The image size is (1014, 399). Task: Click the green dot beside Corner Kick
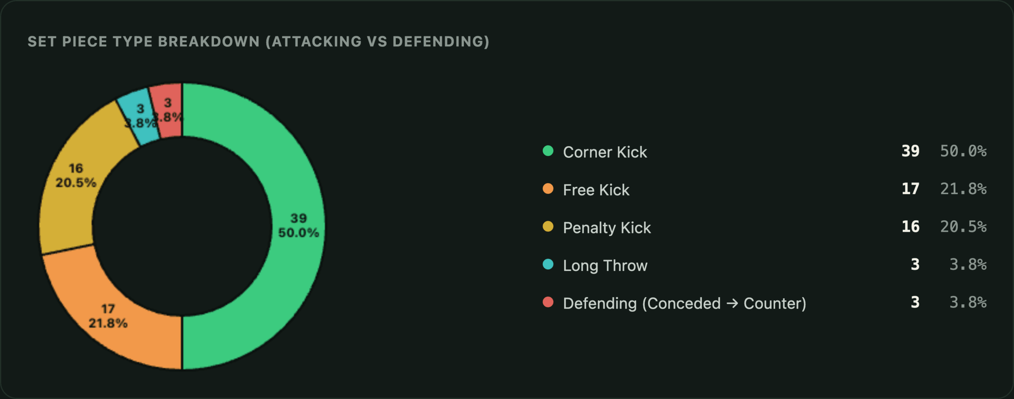(x=548, y=151)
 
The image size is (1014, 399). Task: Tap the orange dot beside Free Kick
(x=548, y=189)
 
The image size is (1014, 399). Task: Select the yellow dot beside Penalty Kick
(x=548, y=226)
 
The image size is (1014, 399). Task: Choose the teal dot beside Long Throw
(x=548, y=264)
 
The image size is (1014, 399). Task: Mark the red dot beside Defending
(x=548, y=302)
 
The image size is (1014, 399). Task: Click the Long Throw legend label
(x=605, y=265)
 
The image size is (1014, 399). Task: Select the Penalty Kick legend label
(x=607, y=228)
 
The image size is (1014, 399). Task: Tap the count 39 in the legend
(x=910, y=151)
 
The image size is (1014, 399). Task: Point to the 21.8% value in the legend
(x=963, y=189)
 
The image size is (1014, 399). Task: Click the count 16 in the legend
(x=910, y=227)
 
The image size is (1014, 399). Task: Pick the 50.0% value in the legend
(x=963, y=151)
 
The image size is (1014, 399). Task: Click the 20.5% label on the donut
(x=76, y=183)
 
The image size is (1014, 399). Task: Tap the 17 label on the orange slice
(x=108, y=309)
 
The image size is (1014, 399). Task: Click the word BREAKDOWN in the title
(x=209, y=42)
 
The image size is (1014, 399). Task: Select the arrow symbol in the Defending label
(x=732, y=304)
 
